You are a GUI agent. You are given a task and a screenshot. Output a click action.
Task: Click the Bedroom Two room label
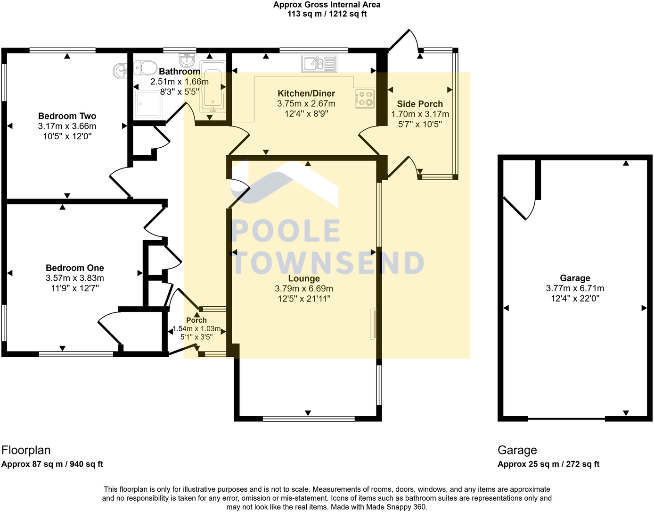tap(67, 116)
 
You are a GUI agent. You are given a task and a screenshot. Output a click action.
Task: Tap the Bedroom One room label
tap(74, 268)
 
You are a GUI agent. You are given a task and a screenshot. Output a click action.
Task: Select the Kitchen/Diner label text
tap(306, 93)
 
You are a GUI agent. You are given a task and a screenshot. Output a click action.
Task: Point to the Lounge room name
tap(304, 278)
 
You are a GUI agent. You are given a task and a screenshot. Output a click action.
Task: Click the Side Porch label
tap(420, 104)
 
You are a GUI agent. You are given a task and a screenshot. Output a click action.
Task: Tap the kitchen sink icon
tap(319, 64)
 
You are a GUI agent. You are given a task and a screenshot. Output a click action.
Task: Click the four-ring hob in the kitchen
tap(364, 98)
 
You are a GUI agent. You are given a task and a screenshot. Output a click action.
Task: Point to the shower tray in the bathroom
tap(148, 104)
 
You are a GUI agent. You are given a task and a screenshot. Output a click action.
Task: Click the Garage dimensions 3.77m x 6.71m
tap(575, 288)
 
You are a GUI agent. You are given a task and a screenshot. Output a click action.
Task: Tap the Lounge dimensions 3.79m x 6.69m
tap(304, 289)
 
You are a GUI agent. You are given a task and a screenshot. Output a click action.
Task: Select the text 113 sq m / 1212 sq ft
tap(327, 14)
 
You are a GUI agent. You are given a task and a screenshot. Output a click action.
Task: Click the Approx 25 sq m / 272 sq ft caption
tap(548, 464)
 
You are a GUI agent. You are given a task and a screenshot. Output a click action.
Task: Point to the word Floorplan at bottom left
tap(26, 450)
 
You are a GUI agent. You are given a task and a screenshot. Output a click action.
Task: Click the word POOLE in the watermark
tap(286, 232)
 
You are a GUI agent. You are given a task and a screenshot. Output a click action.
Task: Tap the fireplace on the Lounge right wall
tap(373, 324)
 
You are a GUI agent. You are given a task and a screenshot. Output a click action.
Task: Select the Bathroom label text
tap(180, 72)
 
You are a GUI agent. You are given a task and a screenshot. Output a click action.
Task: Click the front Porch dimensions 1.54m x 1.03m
tap(196, 329)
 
